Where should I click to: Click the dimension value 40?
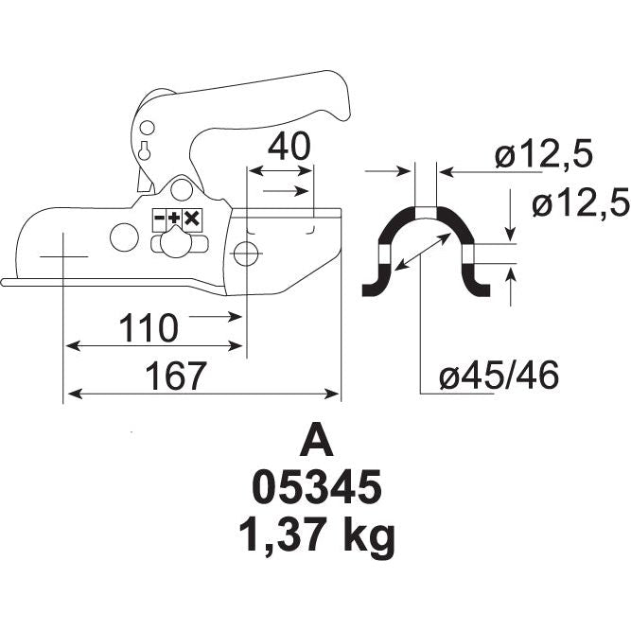tap(288, 147)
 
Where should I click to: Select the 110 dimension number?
tap(148, 328)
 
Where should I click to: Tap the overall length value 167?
tap(175, 376)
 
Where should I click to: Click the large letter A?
tap(316, 442)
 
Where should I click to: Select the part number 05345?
tap(316, 489)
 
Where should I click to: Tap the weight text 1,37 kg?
tap(316, 536)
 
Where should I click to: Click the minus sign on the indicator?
tap(161, 219)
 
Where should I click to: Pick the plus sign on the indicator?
tap(175, 219)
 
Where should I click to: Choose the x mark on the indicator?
tap(191, 219)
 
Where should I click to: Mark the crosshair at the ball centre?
tap(63, 256)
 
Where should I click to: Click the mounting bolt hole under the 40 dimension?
tap(246, 254)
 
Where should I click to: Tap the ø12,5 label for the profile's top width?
tap(543, 154)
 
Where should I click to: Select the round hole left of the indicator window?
tap(124, 237)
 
